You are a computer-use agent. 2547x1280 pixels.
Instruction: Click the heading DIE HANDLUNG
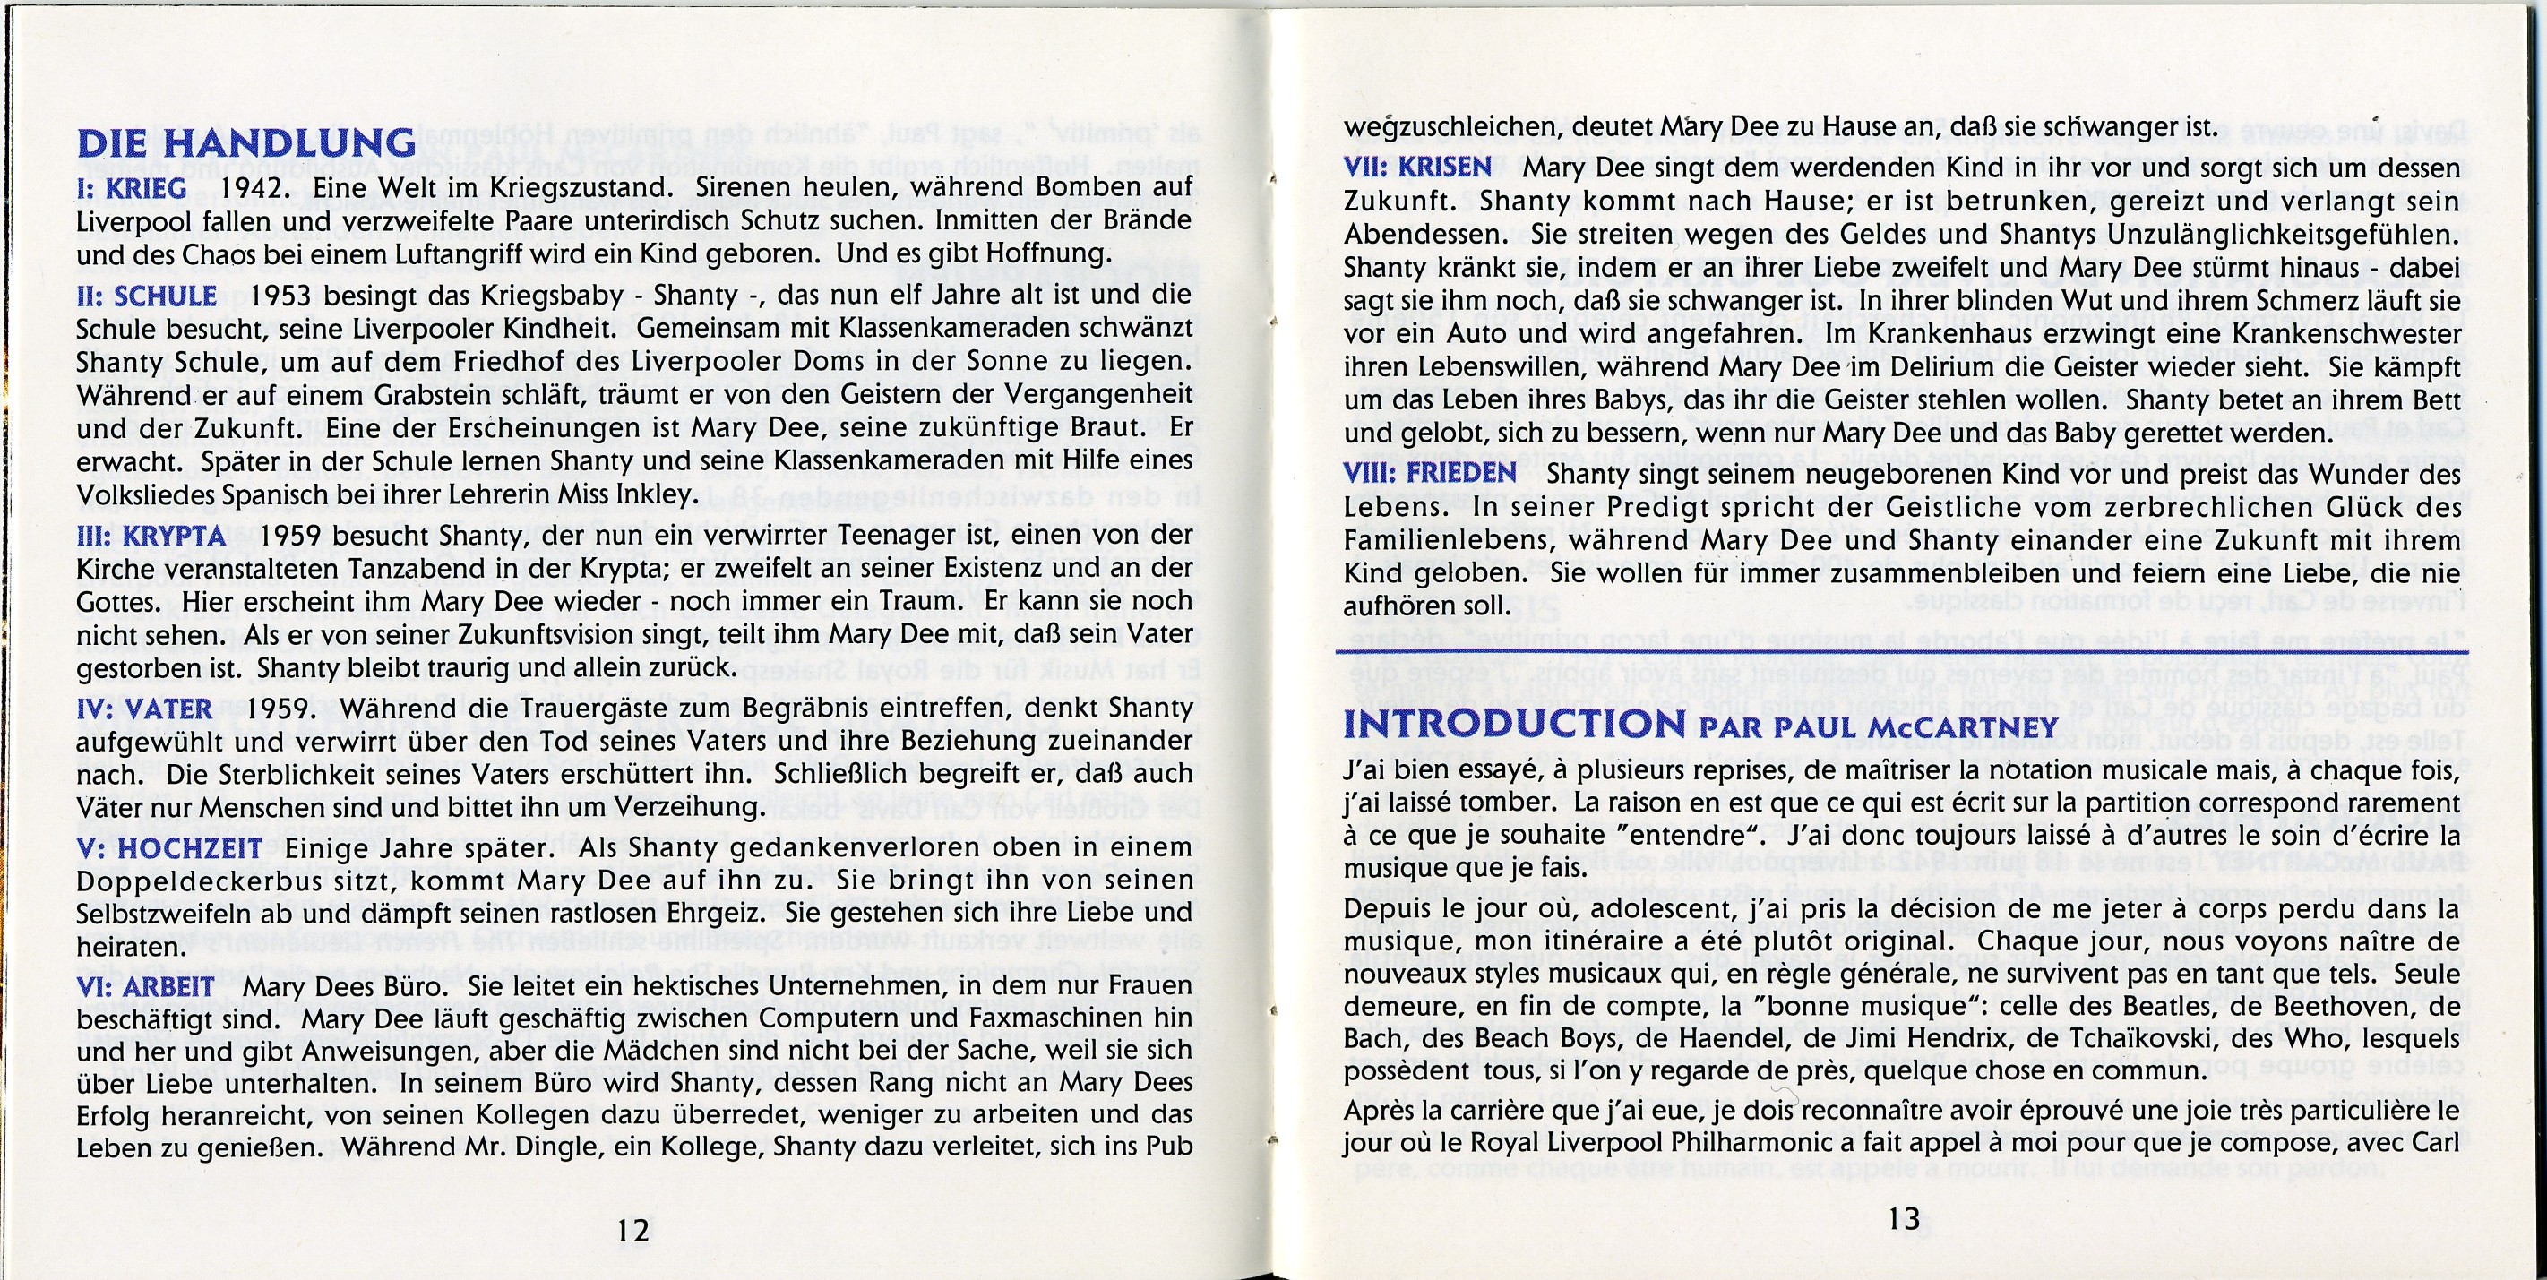pyautogui.click(x=246, y=143)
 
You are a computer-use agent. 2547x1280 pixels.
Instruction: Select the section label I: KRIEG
pyautogui.click(x=131, y=188)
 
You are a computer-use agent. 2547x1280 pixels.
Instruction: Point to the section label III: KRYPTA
pyautogui.click(x=151, y=537)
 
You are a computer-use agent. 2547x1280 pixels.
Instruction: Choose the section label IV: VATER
pyautogui.click(x=144, y=709)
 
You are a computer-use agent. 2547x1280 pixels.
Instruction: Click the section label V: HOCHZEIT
pyautogui.click(x=169, y=848)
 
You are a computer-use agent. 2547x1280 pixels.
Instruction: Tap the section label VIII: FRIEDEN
pyautogui.click(x=1430, y=472)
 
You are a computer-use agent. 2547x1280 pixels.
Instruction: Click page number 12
pyautogui.click(x=632, y=1230)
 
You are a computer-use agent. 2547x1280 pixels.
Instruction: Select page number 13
pyautogui.click(x=1904, y=1220)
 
